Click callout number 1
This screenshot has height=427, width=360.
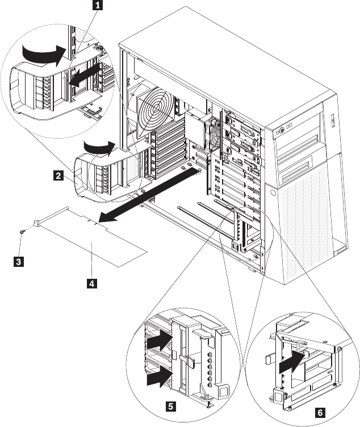click(98, 5)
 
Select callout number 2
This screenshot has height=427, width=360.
click(58, 175)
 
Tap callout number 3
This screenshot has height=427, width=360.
click(19, 262)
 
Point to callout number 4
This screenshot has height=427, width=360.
click(92, 283)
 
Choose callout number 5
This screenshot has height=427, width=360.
click(170, 407)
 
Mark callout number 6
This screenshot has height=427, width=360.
click(320, 412)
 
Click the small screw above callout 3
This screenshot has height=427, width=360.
click(22, 232)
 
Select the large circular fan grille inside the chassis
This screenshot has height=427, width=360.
click(156, 108)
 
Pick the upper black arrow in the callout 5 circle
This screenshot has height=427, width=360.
click(160, 340)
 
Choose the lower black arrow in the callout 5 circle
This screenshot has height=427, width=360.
click(160, 376)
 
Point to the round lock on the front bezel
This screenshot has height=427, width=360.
click(282, 131)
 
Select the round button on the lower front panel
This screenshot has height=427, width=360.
click(273, 193)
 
